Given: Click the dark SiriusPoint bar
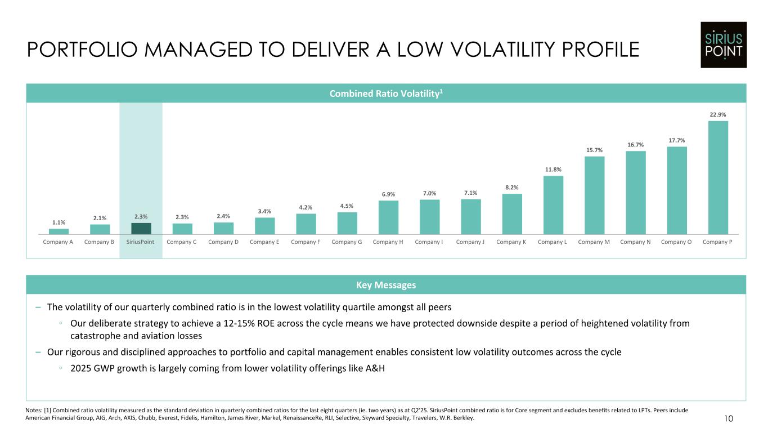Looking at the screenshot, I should click(141, 228).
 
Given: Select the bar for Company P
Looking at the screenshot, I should click(718, 177).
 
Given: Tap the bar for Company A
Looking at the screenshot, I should click(59, 231).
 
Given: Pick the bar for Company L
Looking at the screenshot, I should click(553, 205).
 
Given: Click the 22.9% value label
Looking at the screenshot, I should click(718, 115).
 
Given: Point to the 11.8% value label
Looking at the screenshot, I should click(553, 170).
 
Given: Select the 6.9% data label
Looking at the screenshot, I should click(388, 194).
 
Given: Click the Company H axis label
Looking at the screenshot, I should click(388, 242).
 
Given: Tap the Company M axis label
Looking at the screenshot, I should click(594, 242).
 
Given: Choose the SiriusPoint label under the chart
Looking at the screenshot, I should click(141, 242).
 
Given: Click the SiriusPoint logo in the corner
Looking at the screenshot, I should click(724, 44).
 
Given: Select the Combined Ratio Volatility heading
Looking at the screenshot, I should click(385, 93).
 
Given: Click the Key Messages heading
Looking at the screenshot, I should click(385, 285).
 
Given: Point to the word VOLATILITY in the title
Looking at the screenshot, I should click(484, 50).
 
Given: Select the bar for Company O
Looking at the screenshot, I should click(676, 190).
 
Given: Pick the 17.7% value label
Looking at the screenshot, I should click(676, 140).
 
